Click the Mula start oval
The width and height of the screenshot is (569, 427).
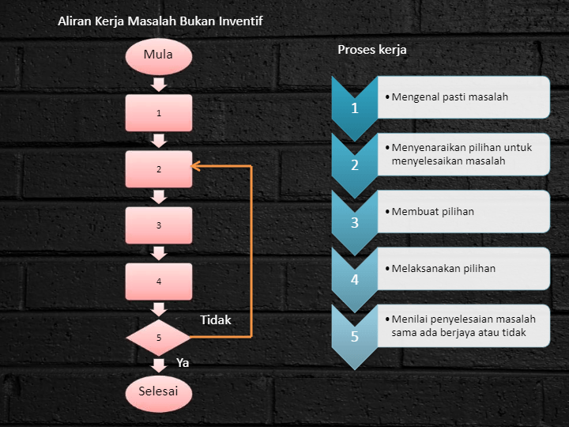tap(159, 55)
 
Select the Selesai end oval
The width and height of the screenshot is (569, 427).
tap(159, 391)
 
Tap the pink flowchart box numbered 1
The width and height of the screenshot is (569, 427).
tap(159, 113)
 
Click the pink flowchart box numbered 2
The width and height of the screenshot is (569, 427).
tap(159, 169)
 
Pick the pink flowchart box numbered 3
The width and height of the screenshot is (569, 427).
tap(159, 225)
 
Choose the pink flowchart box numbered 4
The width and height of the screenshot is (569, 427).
tap(159, 282)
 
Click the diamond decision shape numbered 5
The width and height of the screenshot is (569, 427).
tap(159, 338)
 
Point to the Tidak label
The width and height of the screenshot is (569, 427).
tap(216, 320)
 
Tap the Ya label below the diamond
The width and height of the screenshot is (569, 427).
tap(183, 363)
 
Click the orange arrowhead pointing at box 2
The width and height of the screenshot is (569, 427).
tap(196, 166)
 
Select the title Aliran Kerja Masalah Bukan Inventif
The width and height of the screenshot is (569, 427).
tap(160, 21)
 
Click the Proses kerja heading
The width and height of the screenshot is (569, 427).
tap(372, 50)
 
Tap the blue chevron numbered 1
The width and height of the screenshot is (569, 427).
tap(355, 107)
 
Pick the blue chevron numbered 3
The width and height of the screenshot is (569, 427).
tap(355, 221)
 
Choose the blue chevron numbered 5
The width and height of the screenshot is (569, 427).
tap(355, 335)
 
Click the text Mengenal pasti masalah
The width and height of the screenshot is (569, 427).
tap(450, 97)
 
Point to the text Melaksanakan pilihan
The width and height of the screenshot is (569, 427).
tap(443, 269)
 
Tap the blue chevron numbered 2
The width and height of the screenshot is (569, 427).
tap(355, 164)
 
